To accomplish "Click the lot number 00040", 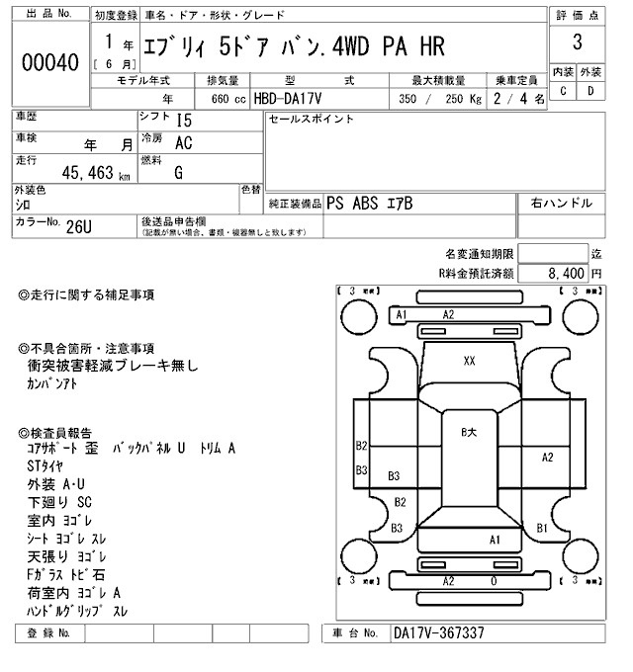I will pos(48,62).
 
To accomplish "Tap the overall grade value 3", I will pos(577,43).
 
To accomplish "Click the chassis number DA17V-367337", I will pos(439,632).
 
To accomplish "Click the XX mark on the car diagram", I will pos(469,361).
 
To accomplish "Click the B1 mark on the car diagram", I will pos(542,528).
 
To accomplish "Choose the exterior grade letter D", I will pos(590,92).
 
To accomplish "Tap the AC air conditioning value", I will pos(184,142).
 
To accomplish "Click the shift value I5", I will pos(184,120).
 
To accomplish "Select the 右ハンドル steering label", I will pos(562,203).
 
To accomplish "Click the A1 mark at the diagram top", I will pos(402,314).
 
